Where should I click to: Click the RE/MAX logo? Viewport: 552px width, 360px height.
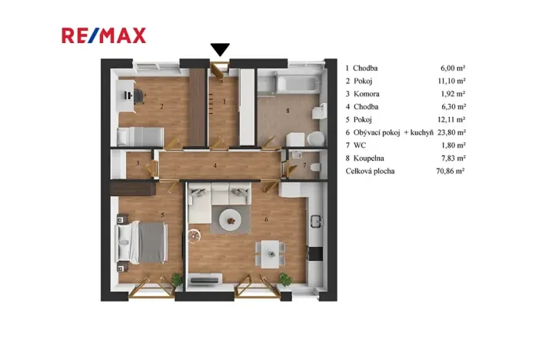(104, 35)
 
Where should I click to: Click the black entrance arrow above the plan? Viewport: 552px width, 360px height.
(221, 50)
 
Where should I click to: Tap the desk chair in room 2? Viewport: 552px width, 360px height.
(139, 96)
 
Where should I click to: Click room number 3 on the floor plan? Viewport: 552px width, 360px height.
(138, 163)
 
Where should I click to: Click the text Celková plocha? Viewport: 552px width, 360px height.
(370, 171)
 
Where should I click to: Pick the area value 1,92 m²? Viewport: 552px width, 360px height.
(451, 94)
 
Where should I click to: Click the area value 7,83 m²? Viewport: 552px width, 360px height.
(451, 158)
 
